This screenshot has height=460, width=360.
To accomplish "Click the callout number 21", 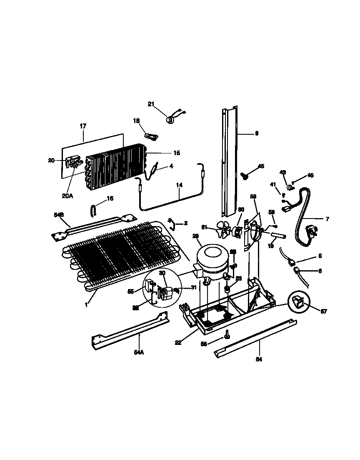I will tap(151, 104).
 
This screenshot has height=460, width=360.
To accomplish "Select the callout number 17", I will tap(82, 126).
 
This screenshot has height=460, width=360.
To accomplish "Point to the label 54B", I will tap(58, 215).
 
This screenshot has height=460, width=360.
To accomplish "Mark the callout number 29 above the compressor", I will tap(195, 236).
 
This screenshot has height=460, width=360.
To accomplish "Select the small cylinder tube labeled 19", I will tap(277, 236).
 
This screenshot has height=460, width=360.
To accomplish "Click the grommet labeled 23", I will tap(227, 289).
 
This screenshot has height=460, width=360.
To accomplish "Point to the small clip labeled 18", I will tap(151, 136).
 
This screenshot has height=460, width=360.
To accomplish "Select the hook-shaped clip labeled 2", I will tap(172, 223).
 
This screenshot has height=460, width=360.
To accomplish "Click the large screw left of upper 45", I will tap(246, 176).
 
